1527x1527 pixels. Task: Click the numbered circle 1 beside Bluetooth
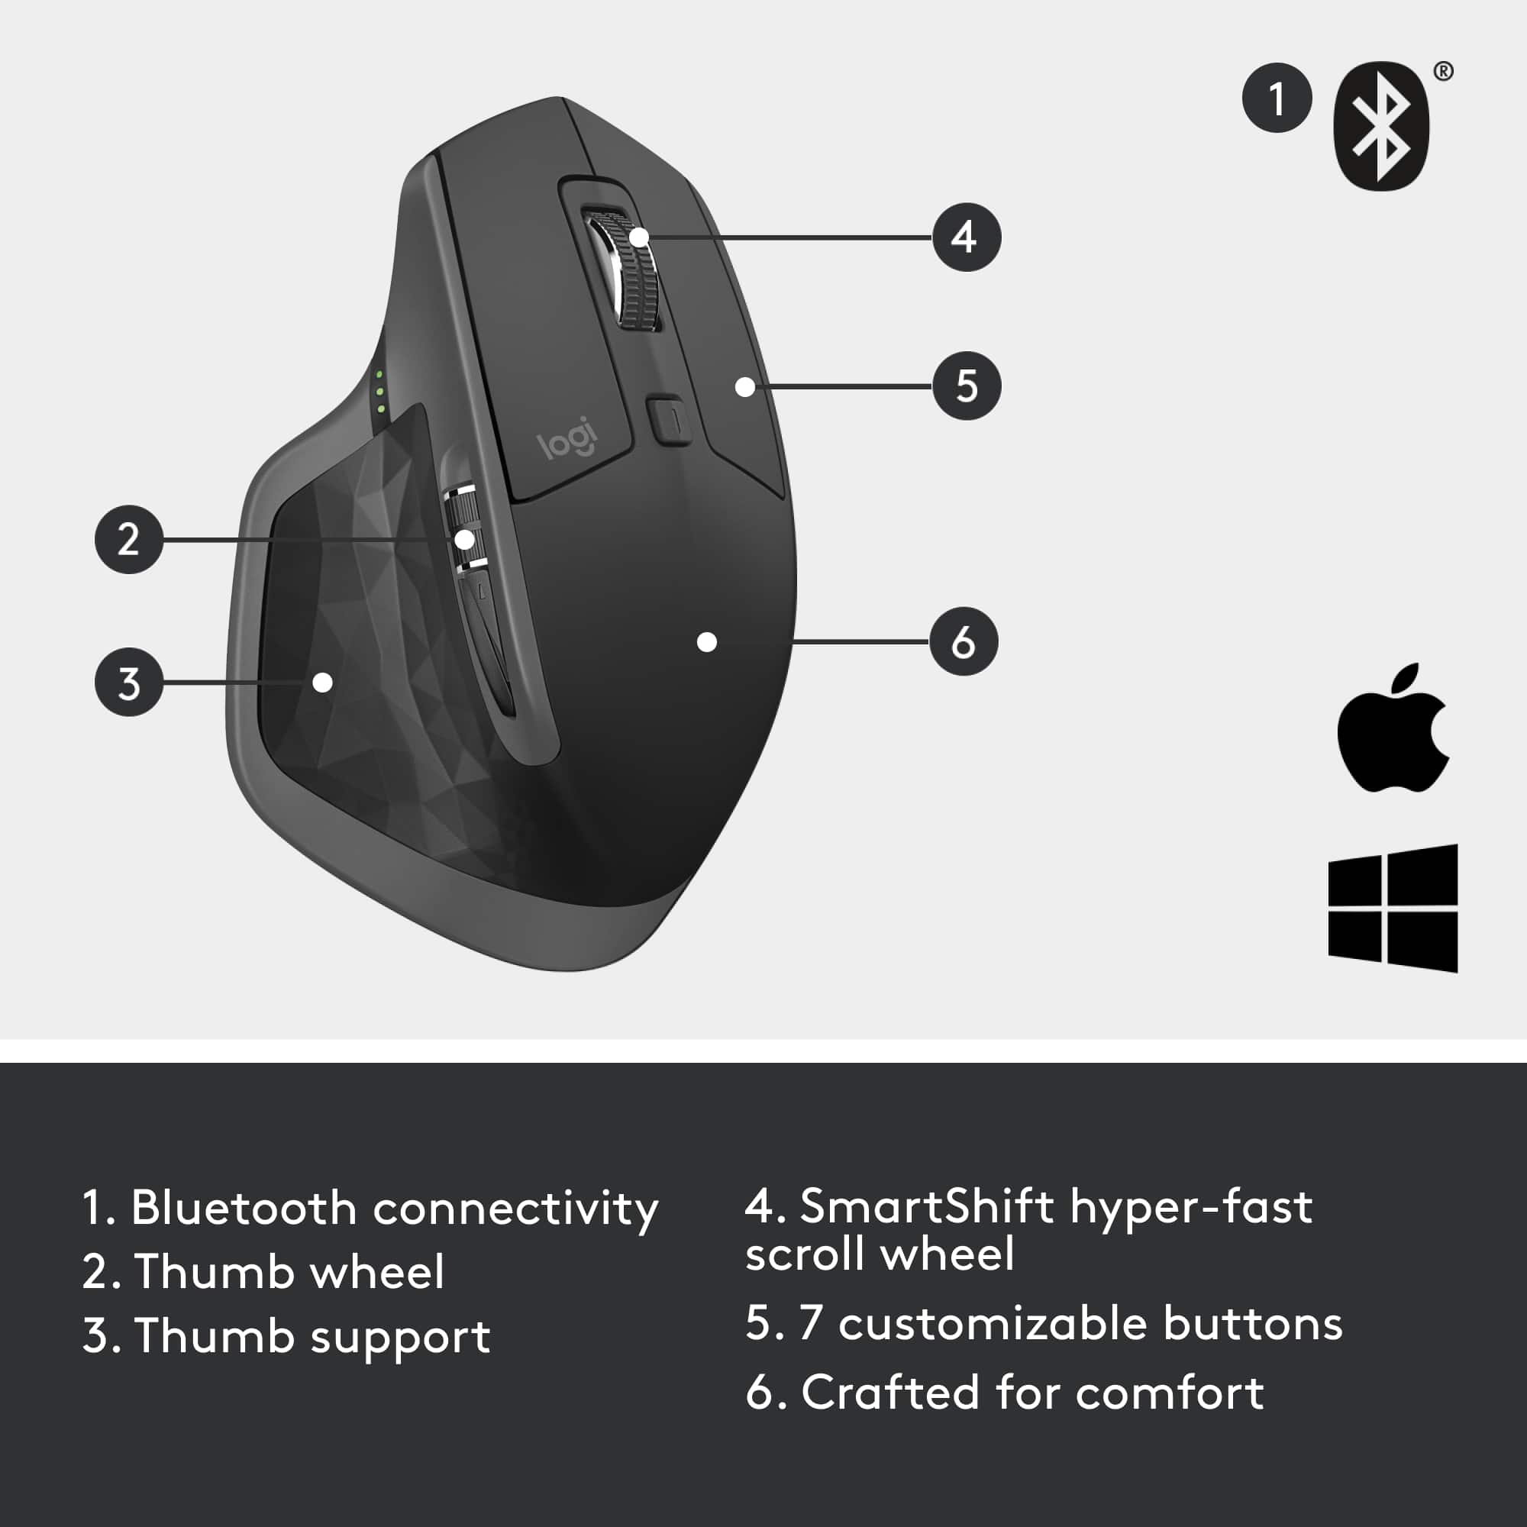click(x=1277, y=98)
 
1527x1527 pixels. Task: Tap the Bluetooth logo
click(x=1380, y=127)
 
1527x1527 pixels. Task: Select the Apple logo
click(x=1392, y=728)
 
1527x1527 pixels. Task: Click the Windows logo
click(x=1393, y=908)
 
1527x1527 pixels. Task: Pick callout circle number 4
click(x=966, y=237)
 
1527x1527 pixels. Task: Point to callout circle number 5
click(x=966, y=386)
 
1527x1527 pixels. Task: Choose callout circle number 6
click(x=963, y=641)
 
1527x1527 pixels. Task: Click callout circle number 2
click(x=129, y=539)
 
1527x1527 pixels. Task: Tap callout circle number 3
click(x=129, y=682)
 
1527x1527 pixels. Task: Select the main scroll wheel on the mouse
click(x=632, y=269)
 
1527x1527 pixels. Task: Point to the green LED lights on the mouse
click(x=380, y=391)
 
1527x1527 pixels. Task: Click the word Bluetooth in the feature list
click(x=244, y=1209)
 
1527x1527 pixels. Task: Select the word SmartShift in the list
click(x=926, y=1207)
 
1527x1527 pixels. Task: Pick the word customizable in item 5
click(x=992, y=1324)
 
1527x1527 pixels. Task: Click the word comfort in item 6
click(x=1169, y=1393)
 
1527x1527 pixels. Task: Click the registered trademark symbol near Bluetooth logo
click(x=1443, y=71)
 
